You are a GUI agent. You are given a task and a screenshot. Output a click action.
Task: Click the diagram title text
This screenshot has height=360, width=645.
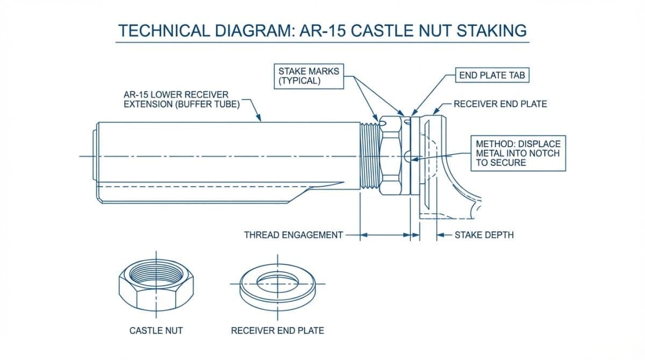point(322,30)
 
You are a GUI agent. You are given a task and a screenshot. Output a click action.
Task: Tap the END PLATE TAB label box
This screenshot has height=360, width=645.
point(492,75)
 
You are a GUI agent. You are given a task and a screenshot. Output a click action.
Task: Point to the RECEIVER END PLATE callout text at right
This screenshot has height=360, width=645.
point(500,104)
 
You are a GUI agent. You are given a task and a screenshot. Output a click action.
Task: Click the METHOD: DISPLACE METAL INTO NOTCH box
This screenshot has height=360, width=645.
point(518,153)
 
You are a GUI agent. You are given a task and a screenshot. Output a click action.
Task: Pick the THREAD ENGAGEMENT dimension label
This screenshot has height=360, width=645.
point(293,235)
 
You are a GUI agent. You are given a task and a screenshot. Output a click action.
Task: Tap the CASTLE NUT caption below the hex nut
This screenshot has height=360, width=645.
point(156,330)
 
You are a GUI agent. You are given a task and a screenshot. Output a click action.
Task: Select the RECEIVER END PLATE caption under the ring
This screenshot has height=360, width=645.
point(277,330)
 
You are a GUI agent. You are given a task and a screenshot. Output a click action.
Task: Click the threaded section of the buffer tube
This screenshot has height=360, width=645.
point(369,156)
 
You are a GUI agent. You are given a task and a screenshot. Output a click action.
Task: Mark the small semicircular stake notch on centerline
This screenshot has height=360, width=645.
point(407,156)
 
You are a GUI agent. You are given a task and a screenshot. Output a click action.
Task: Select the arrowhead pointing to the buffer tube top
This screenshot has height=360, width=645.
point(260,119)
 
